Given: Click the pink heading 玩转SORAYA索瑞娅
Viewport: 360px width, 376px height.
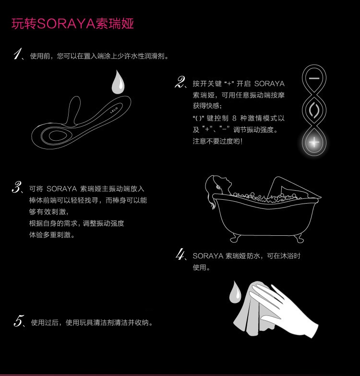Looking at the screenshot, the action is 72,24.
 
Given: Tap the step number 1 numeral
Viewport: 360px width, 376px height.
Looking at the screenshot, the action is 17,54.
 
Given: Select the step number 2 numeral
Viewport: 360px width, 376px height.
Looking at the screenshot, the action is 180,82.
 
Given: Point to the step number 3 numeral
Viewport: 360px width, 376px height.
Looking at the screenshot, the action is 16,187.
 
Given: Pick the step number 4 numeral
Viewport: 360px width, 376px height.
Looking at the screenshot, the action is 180,254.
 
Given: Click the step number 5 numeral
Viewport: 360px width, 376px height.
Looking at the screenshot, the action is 18,321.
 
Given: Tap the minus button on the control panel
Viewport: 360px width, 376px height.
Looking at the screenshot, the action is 314,78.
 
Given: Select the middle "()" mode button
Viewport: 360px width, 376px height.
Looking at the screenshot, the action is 314,110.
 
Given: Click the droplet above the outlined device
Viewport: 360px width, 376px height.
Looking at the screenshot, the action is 118,82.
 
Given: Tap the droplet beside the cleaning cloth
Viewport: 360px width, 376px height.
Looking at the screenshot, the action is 235,292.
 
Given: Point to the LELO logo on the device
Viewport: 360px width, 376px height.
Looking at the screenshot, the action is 114,110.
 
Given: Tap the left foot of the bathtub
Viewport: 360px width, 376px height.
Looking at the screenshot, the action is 234,239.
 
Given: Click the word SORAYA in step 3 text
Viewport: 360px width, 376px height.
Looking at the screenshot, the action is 61,189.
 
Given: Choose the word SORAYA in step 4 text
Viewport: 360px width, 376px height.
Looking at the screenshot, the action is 208,256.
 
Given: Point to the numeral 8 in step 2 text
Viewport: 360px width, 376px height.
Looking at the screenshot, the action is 234,118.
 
